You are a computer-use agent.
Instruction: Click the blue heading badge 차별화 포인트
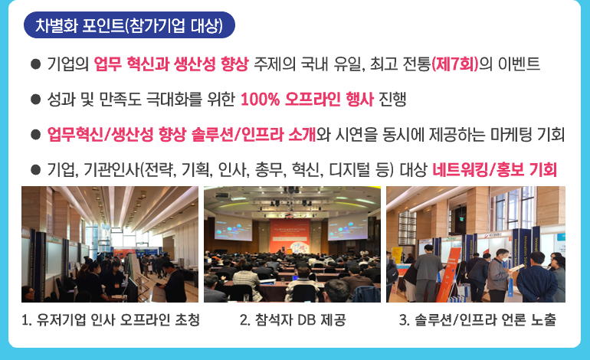coord(129,25)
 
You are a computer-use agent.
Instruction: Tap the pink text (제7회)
coord(454,64)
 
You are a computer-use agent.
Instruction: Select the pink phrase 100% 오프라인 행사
coord(307,100)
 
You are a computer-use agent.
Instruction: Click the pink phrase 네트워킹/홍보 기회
coord(494,169)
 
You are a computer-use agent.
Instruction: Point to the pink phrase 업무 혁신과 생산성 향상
coord(171,64)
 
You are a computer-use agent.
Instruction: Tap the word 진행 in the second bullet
coord(392,100)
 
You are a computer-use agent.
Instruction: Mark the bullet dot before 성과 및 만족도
coord(35,100)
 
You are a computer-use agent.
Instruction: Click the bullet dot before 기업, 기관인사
coord(35,169)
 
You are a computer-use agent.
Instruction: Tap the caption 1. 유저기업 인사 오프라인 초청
coord(110,320)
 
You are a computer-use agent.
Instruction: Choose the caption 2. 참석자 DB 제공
coord(293,320)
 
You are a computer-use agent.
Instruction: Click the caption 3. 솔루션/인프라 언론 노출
coord(477,320)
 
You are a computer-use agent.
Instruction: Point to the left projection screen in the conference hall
coord(233,227)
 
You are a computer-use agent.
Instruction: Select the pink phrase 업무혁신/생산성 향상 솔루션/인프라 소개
coord(182,134)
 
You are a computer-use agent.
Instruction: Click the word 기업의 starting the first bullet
coord(68,64)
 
